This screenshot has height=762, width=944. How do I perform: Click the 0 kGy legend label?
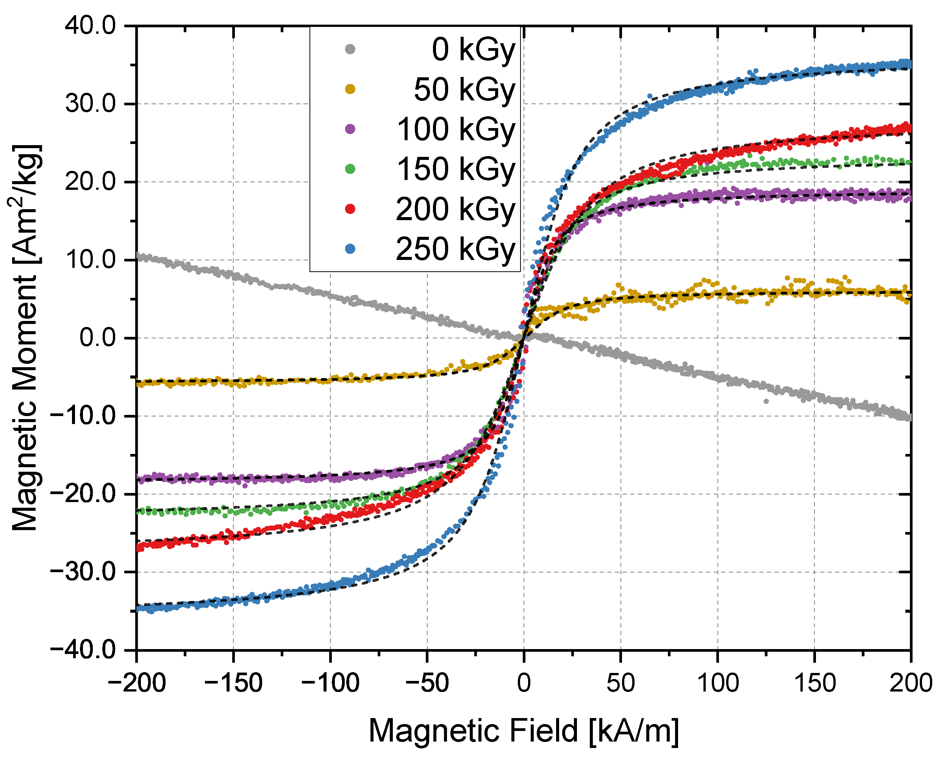[473, 50]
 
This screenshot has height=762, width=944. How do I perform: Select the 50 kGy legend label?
[464, 89]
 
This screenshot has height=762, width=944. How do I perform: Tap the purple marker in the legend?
[350, 129]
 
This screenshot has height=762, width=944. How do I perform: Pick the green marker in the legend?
[350, 169]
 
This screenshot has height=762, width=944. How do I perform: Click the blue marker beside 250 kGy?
[350, 249]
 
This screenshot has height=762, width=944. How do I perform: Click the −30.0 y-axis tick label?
[83, 572]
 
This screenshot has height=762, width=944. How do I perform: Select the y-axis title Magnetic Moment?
[25, 338]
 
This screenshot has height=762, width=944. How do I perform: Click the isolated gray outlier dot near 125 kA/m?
[766, 401]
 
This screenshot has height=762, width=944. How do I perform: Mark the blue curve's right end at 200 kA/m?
[909, 64]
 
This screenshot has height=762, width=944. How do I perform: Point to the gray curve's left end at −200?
[138, 255]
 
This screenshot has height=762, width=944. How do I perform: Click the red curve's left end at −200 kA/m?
[139, 548]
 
